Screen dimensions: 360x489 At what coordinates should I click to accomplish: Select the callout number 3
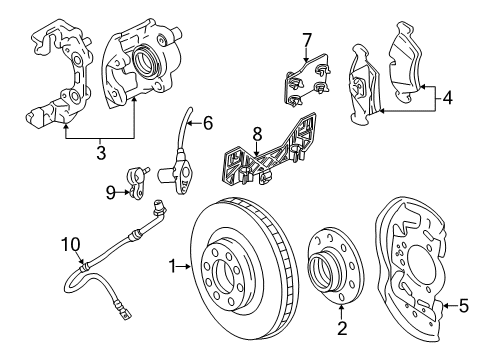(99, 152)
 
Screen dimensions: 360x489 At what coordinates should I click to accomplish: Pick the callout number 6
(207, 124)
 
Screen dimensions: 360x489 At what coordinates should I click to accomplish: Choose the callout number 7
(308, 40)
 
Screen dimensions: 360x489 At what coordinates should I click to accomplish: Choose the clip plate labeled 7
(304, 83)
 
